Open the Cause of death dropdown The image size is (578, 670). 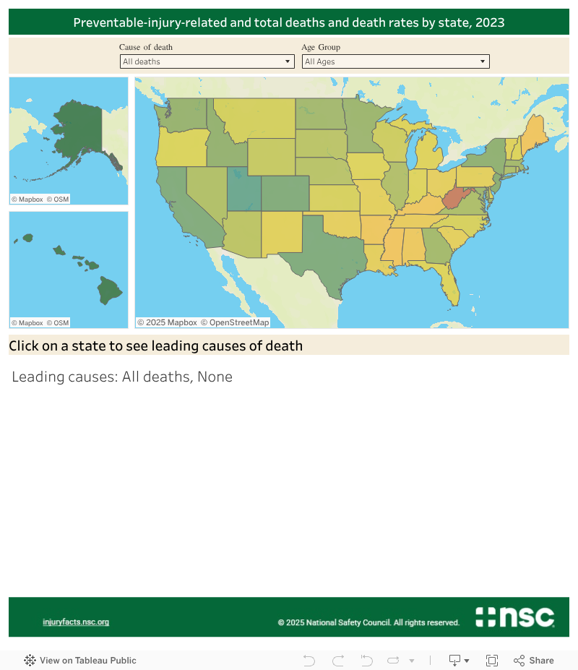click(207, 61)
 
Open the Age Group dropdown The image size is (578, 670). click(395, 61)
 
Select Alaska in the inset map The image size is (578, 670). click(76, 134)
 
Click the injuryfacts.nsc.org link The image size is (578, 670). click(76, 622)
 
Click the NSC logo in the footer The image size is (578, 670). click(514, 617)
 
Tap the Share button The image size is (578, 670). click(534, 660)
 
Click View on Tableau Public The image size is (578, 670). click(80, 660)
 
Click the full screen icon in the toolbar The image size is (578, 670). click(492, 660)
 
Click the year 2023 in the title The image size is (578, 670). click(490, 22)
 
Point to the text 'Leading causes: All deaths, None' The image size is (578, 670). click(122, 377)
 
